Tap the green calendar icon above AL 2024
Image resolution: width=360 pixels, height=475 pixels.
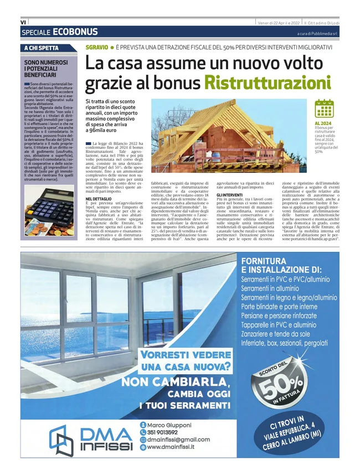(323, 109)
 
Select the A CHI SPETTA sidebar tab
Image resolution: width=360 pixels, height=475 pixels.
(42, 48)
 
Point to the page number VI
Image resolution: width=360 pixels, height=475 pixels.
(23, 22)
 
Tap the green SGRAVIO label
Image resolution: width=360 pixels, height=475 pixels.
(96, 47)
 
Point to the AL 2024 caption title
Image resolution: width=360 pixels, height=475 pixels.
(323, 123)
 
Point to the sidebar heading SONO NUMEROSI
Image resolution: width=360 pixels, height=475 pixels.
(47, 63)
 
